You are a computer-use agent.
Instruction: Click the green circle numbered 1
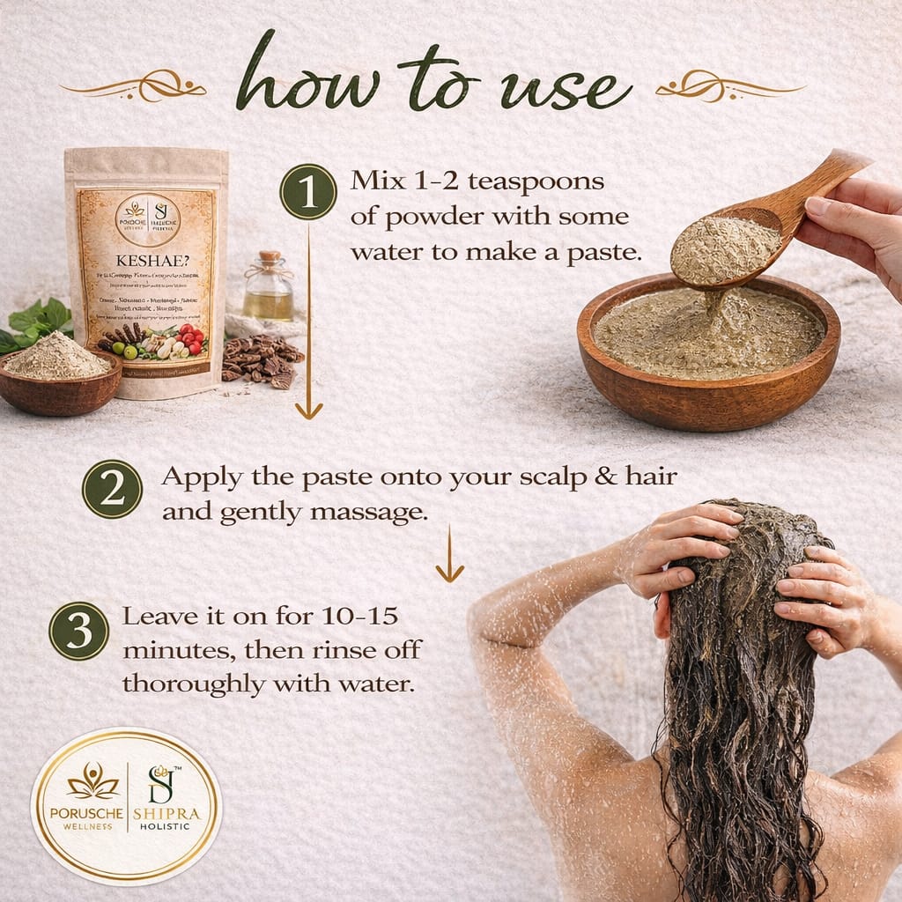(308, 191)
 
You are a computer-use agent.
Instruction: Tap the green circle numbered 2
(112, 489)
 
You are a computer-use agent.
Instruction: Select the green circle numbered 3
(79, 631)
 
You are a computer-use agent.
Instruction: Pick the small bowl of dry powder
(58, 374)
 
